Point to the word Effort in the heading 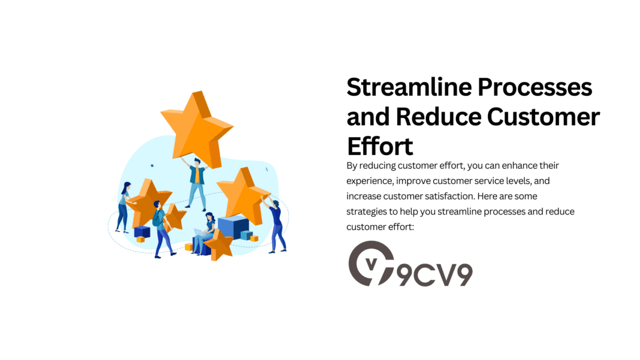click(x=380, y=146)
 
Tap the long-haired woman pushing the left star click(x=124, y=206)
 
